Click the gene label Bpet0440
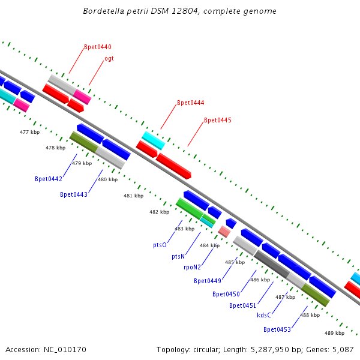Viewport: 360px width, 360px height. coord(97,47)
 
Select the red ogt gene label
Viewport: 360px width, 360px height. coord(109,58)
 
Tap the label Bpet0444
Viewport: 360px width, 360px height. coord(190,103)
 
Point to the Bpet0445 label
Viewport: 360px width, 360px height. coord(217,120)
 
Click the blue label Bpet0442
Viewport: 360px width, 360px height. coord(49,179)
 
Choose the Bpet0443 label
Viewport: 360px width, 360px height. coord(74,194)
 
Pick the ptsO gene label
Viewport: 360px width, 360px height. coord(160,245)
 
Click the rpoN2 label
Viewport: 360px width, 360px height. coord(192,267)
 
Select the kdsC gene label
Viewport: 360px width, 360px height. coord(264,315)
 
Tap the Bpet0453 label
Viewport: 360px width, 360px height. coord(277,329)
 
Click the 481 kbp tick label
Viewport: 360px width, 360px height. coord(134,196)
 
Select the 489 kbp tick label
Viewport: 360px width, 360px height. coord(334,333)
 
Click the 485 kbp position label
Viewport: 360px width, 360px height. coord(235,262)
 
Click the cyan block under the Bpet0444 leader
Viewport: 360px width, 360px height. coord(153,140)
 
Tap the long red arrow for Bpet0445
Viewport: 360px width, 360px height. coord(174,166)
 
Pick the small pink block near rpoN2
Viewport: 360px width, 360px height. coord(224,231)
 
